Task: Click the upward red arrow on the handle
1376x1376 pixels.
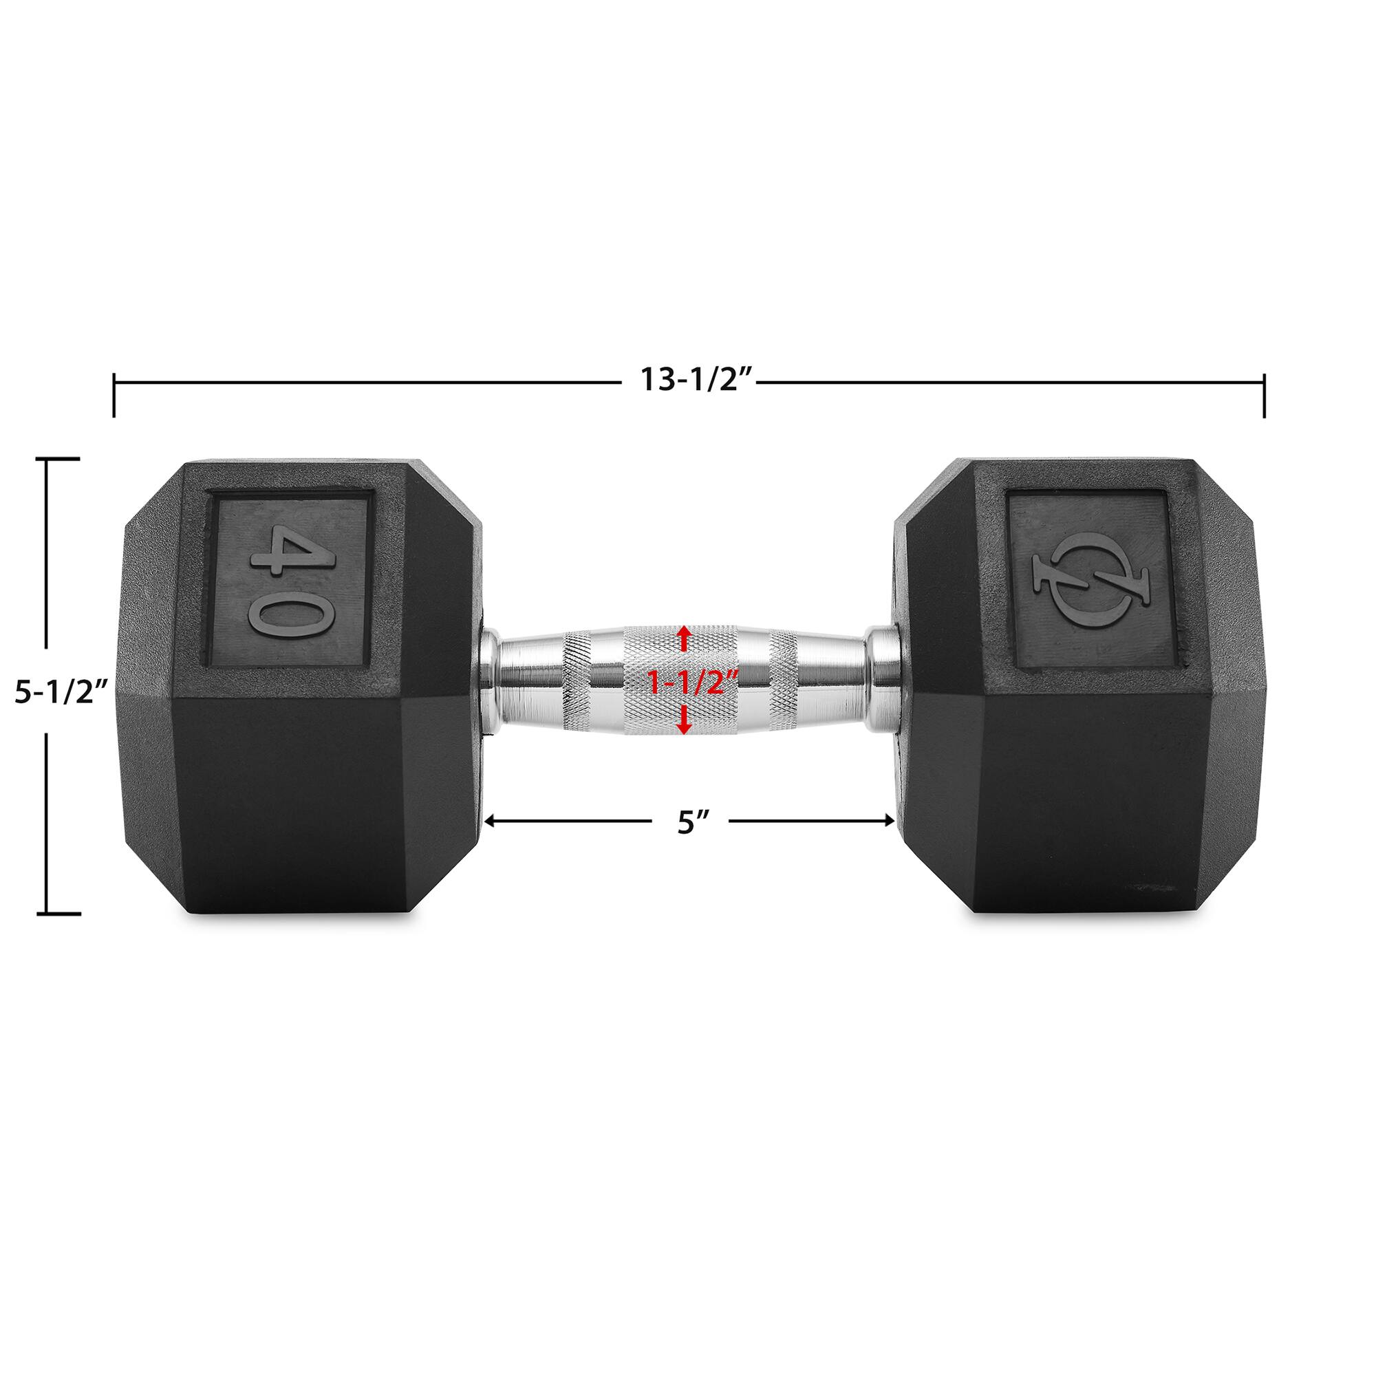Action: [x=685, y=638]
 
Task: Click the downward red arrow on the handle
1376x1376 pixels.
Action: [x=685, y=724]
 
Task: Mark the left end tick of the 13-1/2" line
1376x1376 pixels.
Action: [x=114, y=396]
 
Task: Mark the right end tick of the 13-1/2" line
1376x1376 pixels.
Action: [x=1263, y=396]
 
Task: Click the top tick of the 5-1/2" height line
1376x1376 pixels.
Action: [x=62, y=460]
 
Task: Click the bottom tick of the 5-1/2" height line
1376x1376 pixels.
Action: [x=62, y=912]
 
